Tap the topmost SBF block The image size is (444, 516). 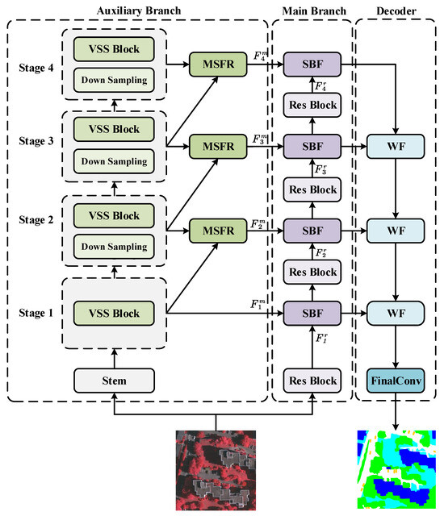click(x=313, y=63)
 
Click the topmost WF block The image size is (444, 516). click(x=396, y=148)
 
